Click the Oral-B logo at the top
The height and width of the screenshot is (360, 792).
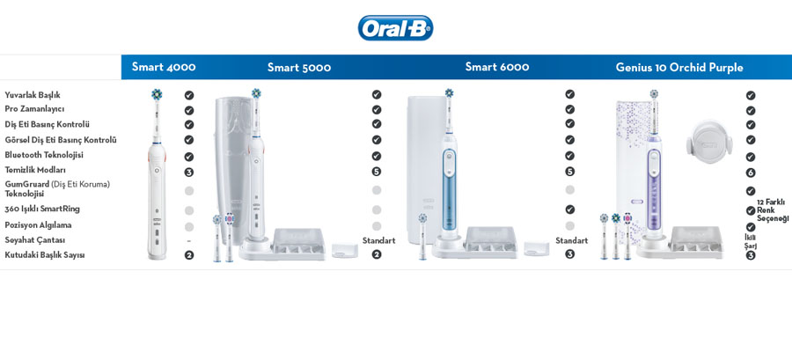(x=395, y=28)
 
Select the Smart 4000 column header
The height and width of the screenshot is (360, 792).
(x=164, y=67)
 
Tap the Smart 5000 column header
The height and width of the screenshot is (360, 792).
(x=299, y=67)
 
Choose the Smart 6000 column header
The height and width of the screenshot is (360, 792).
(x=497, y=67)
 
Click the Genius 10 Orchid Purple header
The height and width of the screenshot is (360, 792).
(x=679, y=67)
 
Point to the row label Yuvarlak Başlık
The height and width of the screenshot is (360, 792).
(x=33, y=95)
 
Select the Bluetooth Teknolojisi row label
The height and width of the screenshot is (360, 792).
(x=44, y=155)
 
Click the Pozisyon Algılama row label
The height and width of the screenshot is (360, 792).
(x=38, y=225)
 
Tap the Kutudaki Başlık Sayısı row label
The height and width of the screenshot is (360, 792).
(x=45, y=255)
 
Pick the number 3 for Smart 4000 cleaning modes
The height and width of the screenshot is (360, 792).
(x=189, y=173)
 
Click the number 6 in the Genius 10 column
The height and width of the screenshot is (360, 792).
(x=751, y=173)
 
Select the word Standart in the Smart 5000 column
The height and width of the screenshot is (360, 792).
(x=378, y=240)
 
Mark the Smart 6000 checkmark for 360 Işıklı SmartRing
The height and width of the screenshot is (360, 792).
(x=569, y=209)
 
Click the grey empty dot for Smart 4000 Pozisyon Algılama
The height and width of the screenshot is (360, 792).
(x=189, y=227)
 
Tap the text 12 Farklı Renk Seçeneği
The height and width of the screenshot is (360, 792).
(x=773, y=210)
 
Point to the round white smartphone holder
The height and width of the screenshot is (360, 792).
(x=709, y=142)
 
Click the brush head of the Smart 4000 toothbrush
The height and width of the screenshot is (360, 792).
(x=157, y=94)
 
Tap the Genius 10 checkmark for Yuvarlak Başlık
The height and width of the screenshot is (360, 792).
(x=751, y=95)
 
